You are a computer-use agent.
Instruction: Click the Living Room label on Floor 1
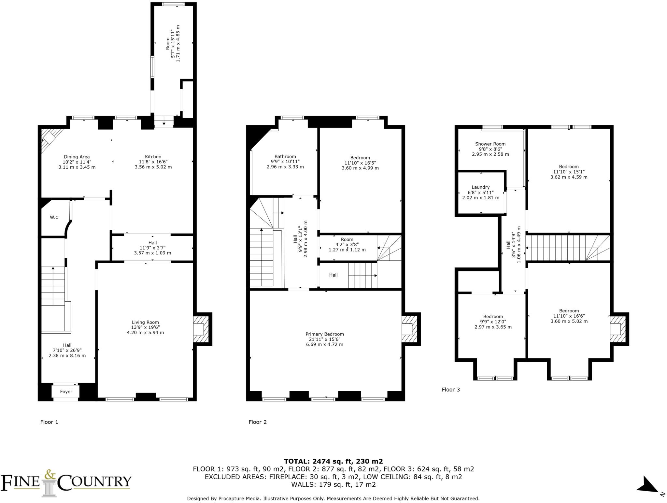pos(145,322)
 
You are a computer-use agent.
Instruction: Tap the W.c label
pos(54,217)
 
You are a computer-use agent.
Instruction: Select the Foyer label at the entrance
pos(66,392)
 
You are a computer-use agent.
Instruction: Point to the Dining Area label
pos(77,157)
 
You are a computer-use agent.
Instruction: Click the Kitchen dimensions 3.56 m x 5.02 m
pos(153,167)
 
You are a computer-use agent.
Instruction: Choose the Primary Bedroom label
pos(324,334)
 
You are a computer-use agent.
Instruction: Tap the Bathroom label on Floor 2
pos(285,156)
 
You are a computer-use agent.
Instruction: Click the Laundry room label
pos(480,187)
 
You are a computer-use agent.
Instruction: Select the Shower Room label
pos(490,144)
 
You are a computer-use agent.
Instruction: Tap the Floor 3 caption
pos(450,390)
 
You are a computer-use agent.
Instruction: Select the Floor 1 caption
pos(49,422)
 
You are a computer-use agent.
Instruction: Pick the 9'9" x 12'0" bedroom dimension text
pos(493,322)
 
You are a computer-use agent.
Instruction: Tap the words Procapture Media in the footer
pos(239,498)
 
